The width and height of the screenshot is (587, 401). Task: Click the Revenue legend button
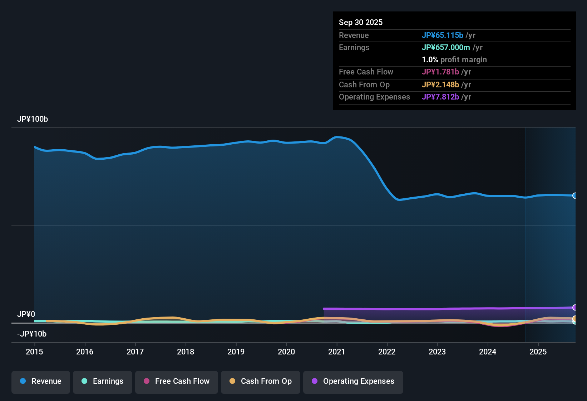41,381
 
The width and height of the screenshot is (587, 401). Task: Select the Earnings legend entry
103,381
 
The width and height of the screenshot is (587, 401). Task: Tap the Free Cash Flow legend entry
177,381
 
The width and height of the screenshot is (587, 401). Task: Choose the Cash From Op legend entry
261,381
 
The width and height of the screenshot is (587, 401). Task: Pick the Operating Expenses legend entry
353,381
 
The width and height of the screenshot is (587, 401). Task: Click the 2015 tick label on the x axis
34,352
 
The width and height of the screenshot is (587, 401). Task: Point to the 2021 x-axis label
336,352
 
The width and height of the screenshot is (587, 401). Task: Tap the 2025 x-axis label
538,352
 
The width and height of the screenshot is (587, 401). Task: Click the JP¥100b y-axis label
33,119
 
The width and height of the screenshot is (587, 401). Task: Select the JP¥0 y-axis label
26,314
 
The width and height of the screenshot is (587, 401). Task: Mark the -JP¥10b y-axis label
32,334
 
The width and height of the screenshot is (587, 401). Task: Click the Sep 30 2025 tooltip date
360,23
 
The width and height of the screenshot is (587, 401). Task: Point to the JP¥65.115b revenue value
442,35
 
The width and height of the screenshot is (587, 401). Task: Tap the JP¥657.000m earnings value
445,48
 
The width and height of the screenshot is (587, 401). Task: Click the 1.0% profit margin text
454,60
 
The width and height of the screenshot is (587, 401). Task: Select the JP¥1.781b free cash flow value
440,72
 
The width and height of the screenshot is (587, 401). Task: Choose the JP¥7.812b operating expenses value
440,97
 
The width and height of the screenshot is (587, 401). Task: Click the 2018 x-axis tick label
186,352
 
